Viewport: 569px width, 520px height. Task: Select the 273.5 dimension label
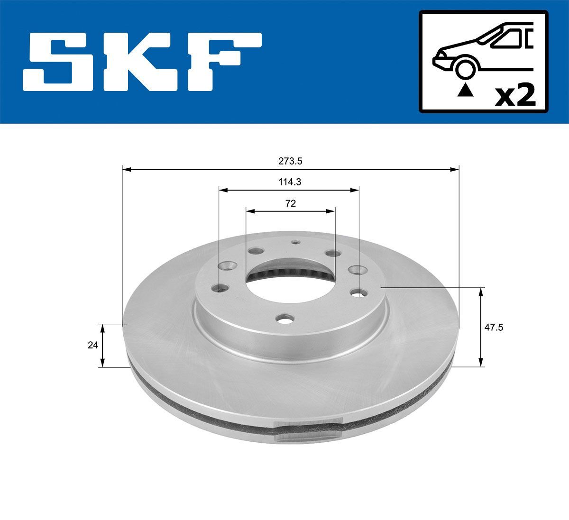(290, 161)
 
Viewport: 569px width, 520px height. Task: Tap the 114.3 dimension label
(289, 182)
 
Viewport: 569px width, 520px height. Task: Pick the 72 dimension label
(290, 203)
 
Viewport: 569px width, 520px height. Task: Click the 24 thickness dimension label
(92, 345)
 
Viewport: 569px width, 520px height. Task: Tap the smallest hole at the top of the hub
(295, 242)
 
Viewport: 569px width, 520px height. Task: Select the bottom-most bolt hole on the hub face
(285, 320)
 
